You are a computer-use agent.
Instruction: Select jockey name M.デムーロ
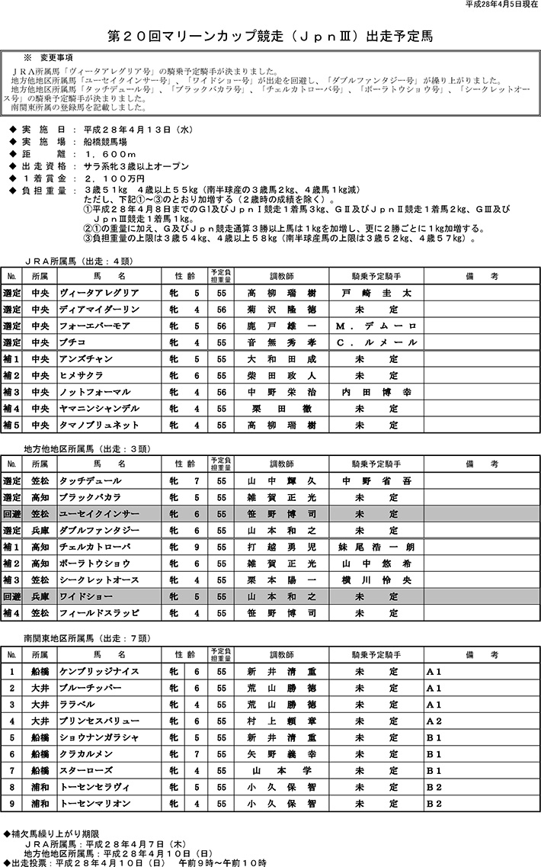[376, 326]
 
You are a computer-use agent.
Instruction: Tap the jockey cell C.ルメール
[376, 342]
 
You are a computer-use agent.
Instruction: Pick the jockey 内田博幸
[376, 392]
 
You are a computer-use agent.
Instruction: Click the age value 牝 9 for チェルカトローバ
[184, 547]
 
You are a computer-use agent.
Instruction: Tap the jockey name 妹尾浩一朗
[376, 547]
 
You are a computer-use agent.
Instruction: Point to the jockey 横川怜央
[376, 580]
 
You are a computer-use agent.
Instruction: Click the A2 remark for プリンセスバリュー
[434, 721]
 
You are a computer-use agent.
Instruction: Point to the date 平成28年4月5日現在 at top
[500, 5]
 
